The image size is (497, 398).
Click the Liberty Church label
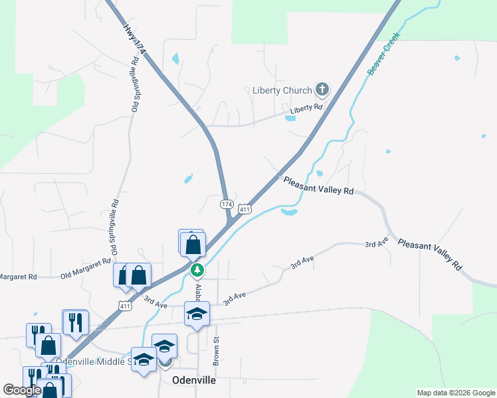tap(282, 90)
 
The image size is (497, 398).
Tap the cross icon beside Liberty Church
tap(322, 90)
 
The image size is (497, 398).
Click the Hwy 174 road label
tap(134, 40)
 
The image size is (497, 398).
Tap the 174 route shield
tap(227, 204)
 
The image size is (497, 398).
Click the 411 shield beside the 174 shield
tap(245, 210)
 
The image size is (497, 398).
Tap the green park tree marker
tap(197, 270)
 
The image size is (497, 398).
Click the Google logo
tap(22, 390)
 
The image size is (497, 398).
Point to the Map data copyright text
tap(456, 393)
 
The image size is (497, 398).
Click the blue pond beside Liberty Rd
tap(290, 118)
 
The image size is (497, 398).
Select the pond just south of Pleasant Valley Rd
tap(288, 212)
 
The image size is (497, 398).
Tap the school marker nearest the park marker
tap(197, 313)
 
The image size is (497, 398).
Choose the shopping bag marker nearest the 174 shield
tap(193, 243)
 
